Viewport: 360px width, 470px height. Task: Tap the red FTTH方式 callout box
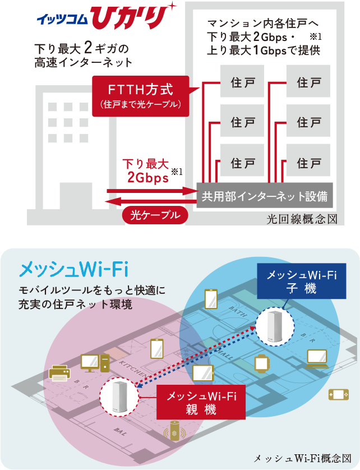[140, 95]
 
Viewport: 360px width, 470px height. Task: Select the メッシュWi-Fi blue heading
[74, 269]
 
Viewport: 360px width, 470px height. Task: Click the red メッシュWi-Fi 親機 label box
[202, 403]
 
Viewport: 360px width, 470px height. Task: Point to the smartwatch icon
[262, 363]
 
